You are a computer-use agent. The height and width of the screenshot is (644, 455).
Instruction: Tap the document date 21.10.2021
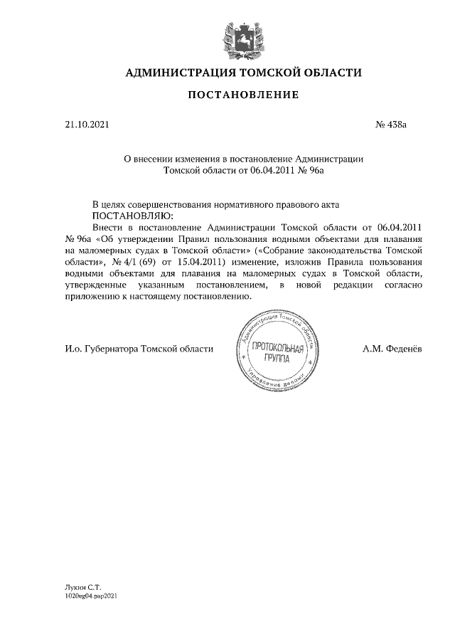click(87, 125)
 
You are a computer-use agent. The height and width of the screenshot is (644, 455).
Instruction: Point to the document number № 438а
click(390, 125)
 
